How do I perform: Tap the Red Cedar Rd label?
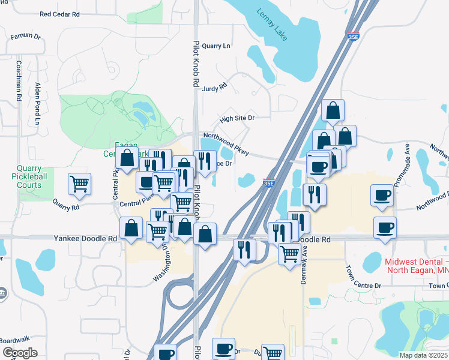point(59,14)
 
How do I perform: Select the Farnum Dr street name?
point(25,37)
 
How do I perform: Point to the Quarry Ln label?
point(216,46)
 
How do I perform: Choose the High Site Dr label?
point(237,118)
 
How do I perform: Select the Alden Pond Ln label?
point(37,103)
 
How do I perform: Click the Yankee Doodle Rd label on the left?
point(86,238)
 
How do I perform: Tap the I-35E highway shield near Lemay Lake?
point(354,37)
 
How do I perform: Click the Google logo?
point(20,353)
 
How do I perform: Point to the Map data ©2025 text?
point(423,355)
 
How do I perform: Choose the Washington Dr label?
point(163,263)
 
